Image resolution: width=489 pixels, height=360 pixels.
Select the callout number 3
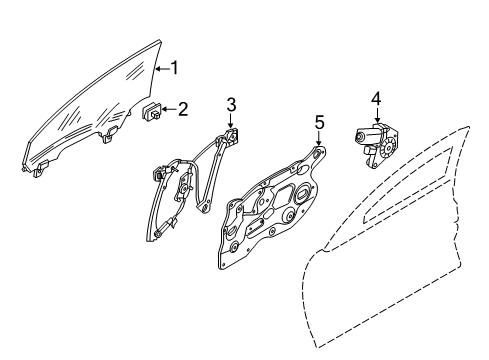(x=230, y=104)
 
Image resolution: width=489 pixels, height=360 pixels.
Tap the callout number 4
(x=376, y=98)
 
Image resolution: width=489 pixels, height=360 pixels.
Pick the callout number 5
(x=319, y=121)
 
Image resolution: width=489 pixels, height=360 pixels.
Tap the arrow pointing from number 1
(x=162, y=68)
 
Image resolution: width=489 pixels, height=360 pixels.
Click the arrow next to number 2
(x=170, y=110)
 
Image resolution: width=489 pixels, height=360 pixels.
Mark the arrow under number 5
(x=319, y=137)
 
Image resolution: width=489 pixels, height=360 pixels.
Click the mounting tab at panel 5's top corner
(x=319, y=153)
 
